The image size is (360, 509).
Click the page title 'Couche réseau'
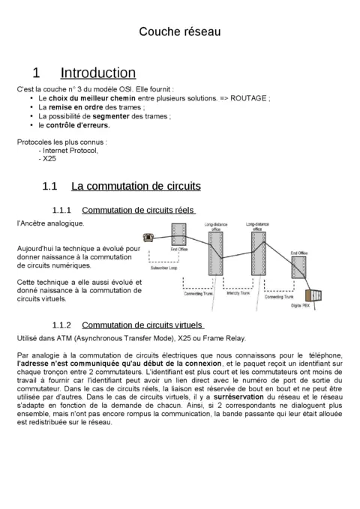180,31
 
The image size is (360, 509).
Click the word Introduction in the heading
97,73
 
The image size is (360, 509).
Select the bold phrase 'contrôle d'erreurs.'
78,125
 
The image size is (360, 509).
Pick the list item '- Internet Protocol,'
68,150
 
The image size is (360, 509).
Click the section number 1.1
50,185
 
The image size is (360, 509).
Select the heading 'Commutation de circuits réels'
138,210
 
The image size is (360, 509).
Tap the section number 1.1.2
61,325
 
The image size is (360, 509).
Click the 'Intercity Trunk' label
235,294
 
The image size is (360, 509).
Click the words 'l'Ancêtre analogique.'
50,223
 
